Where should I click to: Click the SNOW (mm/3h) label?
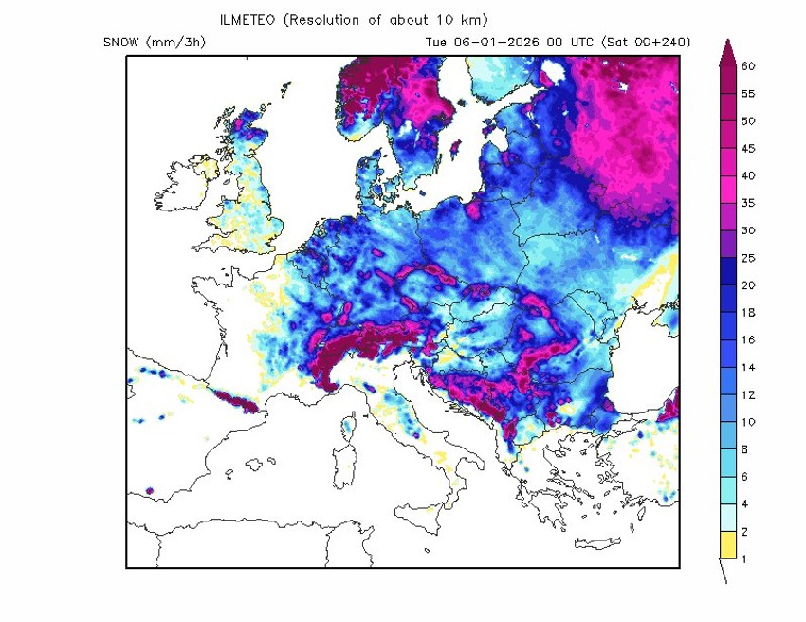click(155, 42)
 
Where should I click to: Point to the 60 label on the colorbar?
click(747, 66)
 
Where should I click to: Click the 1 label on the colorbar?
click(744, 558)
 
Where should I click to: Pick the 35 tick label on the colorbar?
click(747, 203)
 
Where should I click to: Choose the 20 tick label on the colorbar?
click(747, 285)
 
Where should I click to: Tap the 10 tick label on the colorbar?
click(747, 422)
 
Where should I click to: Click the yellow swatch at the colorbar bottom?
click(727, 545)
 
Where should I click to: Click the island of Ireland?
click(180, 190)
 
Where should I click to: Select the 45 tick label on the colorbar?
click(747, 149)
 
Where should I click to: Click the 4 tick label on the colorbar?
click(744, 503)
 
